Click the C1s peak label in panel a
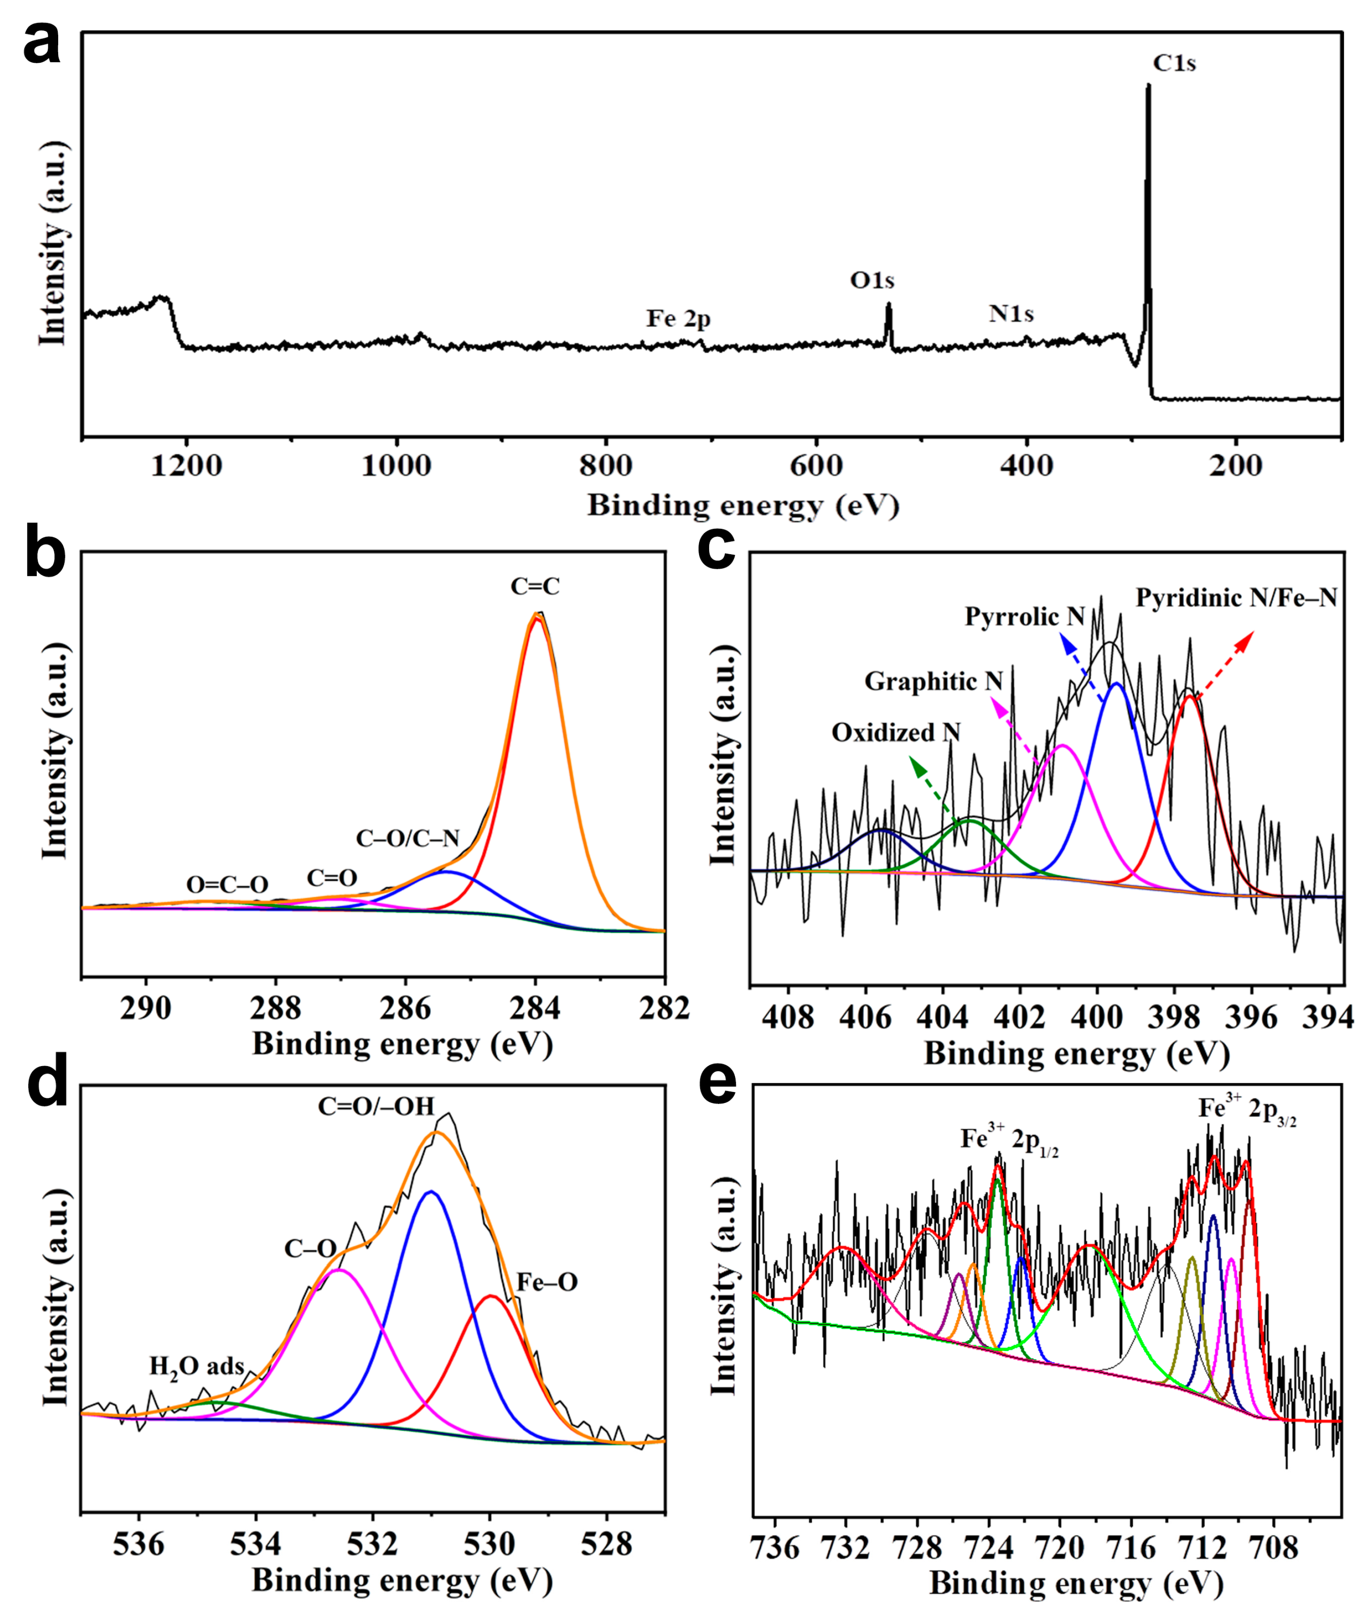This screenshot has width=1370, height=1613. [x=1174, y=63]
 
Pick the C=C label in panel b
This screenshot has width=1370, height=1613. [x=535, y=586]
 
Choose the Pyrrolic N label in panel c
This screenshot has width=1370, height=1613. [x=1024, y=616]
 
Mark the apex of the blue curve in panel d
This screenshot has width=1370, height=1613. [x=431, y=1192]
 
